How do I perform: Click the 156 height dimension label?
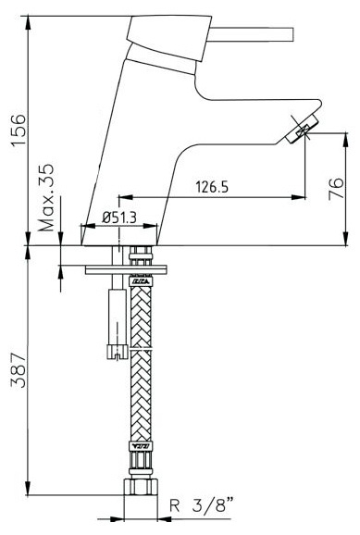[19, 130]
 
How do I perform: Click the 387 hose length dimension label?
[19, 371]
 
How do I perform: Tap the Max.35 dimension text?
[46, 198]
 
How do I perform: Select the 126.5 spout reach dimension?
[212, 187]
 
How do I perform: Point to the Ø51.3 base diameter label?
[119, 217]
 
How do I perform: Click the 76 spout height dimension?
[336, 188]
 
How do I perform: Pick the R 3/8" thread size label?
[202, 505]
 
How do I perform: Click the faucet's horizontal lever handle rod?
[251, 34]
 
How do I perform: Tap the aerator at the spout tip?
[302, 129]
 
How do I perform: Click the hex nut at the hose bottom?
[141, 487]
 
